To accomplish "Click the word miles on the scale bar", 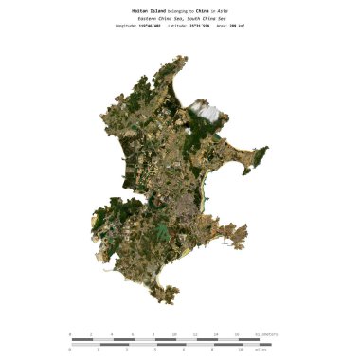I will [x=261, y=350].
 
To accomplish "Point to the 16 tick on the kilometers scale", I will [x=237, y=334].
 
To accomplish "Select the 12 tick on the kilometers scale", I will [x=195, y=334].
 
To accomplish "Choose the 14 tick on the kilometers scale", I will [x=216, y=334].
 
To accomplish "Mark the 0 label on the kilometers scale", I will [x=70, y=334].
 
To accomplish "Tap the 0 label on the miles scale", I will [x=70, y=350].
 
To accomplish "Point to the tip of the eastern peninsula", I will [x=266, y=149].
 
